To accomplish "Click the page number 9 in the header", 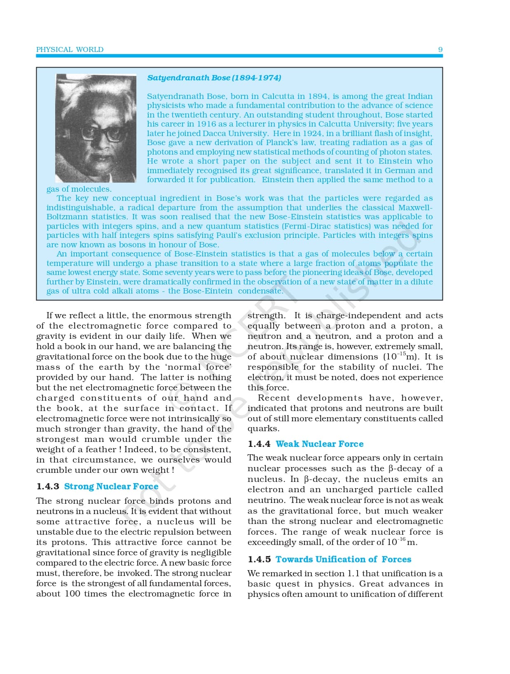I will [x=440, y=49].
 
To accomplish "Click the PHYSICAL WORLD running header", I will [x=70, y=49].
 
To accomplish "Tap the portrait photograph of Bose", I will [x=96, y=128].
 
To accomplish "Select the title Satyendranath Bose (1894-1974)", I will [x=214, y=77].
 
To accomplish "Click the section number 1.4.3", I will [x=48, y=486].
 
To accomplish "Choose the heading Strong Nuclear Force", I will [x=111, y=486].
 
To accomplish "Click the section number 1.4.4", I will [x=259, y=444].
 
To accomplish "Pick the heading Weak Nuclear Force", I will [x=320, y=444].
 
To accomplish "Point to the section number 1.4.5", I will [x=259, y=559].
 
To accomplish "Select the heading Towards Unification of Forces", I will [x=343, y=559].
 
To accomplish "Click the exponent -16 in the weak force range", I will [x=402, y=539].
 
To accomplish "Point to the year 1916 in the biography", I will [x=206, y=124].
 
